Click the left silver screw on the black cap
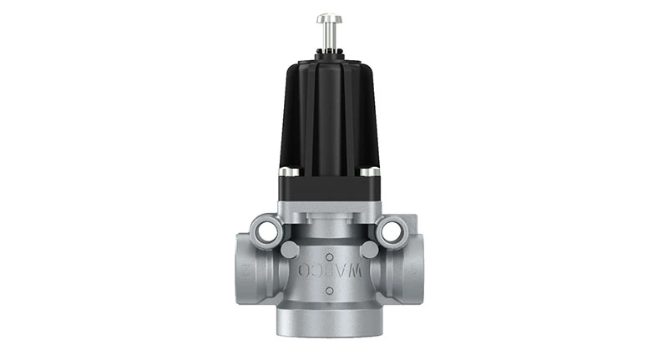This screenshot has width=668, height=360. coord(288,172)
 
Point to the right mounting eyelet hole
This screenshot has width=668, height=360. coord(390,230)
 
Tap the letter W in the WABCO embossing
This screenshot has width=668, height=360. coord(357,271)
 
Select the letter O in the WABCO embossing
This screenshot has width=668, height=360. coord(303,271)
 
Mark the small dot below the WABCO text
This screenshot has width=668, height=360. coord(329,292)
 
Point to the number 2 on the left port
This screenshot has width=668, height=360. coord(245,269)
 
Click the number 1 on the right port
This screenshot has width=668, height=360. coord(414,269)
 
